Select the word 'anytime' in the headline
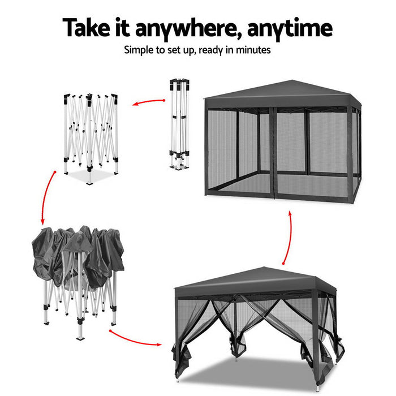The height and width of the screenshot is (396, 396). (294, 28)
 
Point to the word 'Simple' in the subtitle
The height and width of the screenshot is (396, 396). (140, 50)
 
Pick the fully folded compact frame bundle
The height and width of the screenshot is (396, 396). (179, 124)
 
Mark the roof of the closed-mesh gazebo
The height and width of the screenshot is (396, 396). (281, 92)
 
